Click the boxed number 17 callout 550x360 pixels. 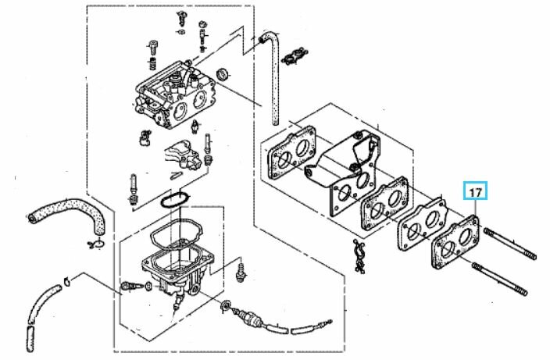475,191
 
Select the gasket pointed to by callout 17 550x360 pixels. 455,242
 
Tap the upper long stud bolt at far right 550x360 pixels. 510,244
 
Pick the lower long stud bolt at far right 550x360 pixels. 500,279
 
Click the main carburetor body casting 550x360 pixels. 174,94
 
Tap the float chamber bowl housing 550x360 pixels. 177,271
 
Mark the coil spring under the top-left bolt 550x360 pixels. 152,64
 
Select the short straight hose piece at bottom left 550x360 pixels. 30,338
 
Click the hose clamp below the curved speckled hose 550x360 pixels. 95,244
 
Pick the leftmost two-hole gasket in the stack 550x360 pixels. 291,152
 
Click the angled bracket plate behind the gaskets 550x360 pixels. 342,159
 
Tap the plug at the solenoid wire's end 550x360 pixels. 327,322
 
